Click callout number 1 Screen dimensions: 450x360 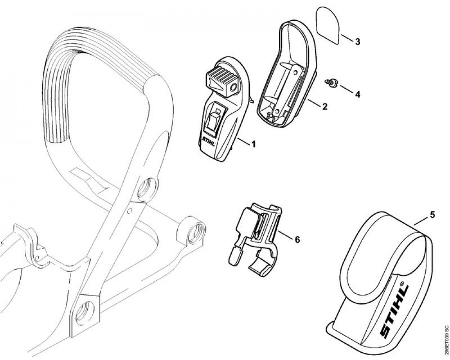pos(253,144)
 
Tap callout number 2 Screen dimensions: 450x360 pos(324,107)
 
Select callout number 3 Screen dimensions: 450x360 pos(357,42)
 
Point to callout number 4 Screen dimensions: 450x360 pos(357,94)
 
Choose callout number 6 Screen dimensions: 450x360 pos(297,239)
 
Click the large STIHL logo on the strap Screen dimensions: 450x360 pos(394,310)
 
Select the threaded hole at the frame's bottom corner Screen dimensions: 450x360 pos(85,310)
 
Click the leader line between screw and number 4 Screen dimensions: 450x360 pos(345,88)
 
